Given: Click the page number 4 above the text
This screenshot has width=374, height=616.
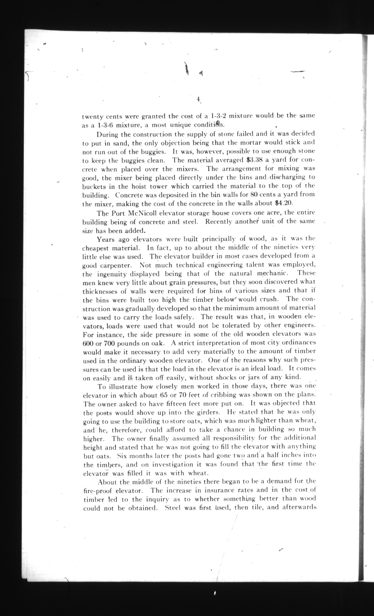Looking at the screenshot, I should point(198,99).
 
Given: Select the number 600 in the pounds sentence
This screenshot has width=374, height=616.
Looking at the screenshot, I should point(88,344).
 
